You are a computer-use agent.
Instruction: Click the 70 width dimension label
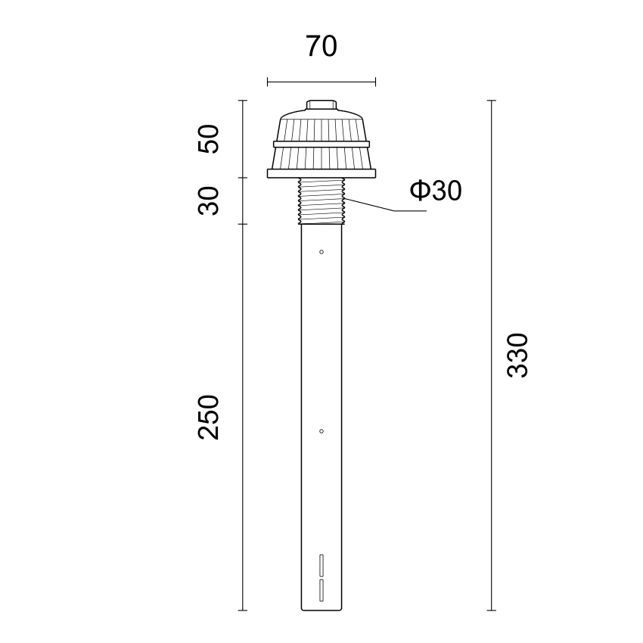[321, 46]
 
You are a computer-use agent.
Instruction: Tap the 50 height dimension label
[209, 138]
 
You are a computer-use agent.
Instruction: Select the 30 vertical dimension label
[209, 200]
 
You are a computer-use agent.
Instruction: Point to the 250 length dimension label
[209, 417]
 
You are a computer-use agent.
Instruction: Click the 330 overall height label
[517, 355]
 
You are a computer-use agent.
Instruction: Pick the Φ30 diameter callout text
[436, 191]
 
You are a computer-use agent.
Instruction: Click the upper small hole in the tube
[321, 252]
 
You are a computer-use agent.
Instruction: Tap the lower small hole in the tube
[321, 431]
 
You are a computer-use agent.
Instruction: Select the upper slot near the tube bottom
[321, 566]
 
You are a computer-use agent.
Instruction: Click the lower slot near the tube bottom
[321, 590]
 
